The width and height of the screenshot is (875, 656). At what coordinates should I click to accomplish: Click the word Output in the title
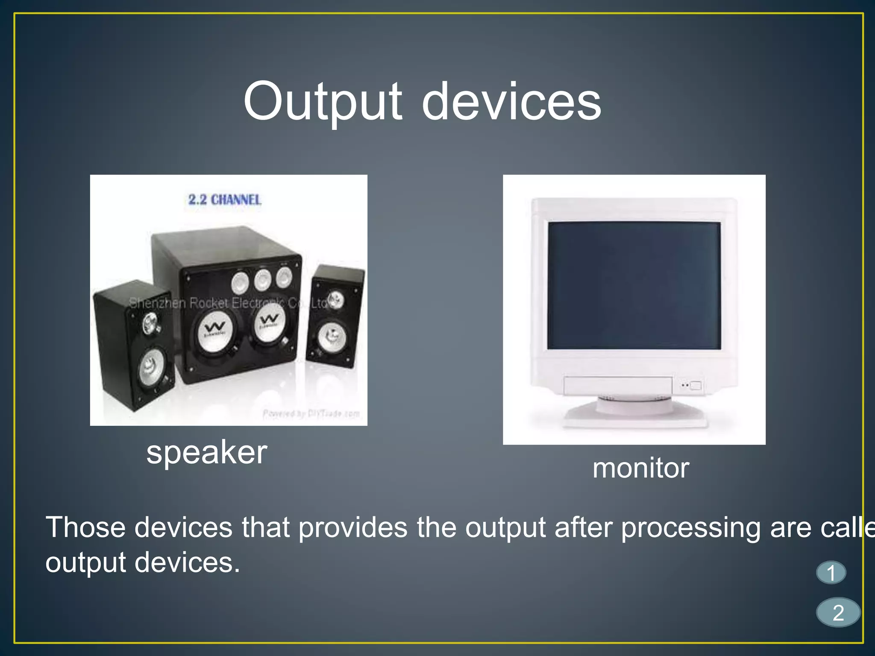click(x=323, y=102)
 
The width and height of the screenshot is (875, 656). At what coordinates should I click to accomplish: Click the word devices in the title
click(x=511, y=102)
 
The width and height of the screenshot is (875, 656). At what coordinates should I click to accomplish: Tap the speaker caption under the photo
click(x=206, y=453)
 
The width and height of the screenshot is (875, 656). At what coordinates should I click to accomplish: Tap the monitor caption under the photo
click(x=640, y=468)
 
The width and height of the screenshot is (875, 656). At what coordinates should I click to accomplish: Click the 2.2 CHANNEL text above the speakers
click(x=225, y=199)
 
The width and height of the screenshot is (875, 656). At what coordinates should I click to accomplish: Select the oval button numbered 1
click(x=831, y=573)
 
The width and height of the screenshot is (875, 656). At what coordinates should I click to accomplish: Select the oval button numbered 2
click(x=838, y=612)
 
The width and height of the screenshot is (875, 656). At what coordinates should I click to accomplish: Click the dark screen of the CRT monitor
click(x=634, y=285)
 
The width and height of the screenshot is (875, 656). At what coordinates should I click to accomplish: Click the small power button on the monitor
click(x=696, y=386)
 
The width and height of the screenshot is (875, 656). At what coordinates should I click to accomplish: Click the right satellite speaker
click(x=336, y=316)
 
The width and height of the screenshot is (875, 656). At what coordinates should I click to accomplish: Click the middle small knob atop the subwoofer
click(x=262, y=280)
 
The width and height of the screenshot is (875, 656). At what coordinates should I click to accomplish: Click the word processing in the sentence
click(x=690, y=528)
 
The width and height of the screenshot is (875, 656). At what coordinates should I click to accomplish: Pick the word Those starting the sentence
click(x=85, y=528)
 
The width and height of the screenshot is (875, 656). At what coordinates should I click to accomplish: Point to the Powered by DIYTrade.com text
click(x=311, y=413)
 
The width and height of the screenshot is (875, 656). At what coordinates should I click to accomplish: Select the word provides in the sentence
click(x=353, y=528)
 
